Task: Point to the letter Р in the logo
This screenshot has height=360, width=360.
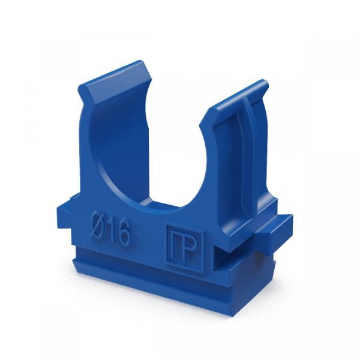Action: [189, 248]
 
